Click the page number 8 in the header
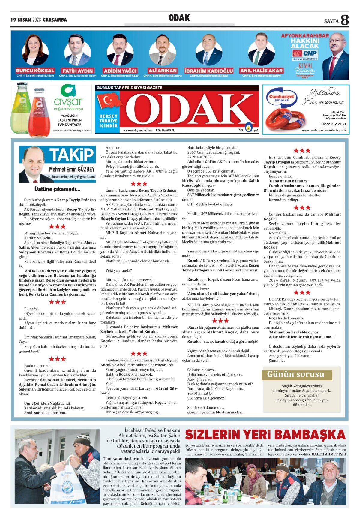click(x=345, y=20)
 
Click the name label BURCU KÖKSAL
click(x=35, y=71)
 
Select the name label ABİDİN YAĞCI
click(x=120, y=71)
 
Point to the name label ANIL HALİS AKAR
click(x=261, y=71)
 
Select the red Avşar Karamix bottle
click(x=39, y=113)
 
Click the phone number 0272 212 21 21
click(x=333, y=124)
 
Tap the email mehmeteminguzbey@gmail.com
click(x=71, y=177)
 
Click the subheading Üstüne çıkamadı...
click(x=57, y=189)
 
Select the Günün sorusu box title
click(x=296, y=374)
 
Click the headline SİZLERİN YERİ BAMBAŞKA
click(x=265, y=435)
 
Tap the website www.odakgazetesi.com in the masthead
click(x=138, y=130)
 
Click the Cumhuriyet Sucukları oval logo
click(x=281, y=98)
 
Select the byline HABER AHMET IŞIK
click(x=329, y=454)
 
